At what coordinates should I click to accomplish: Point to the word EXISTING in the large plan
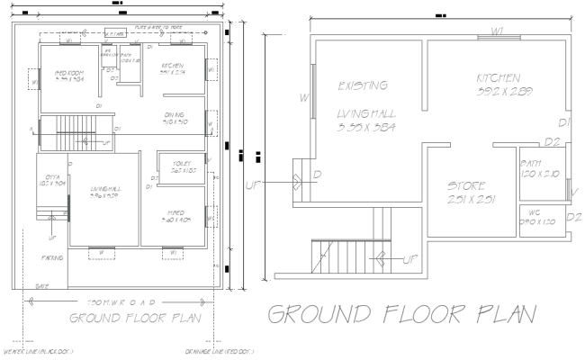click(363, 86)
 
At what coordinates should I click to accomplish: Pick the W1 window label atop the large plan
click(498, 31)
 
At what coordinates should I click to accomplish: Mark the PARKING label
click(51, 258)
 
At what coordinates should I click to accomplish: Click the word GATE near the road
click(41, 285)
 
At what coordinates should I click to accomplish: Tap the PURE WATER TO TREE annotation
click(157, 28)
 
